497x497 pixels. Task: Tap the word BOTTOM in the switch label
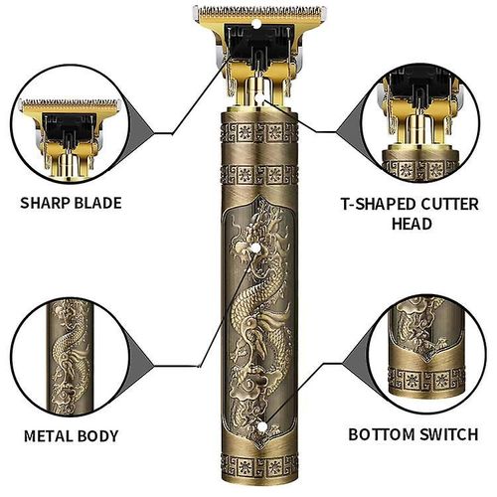click(385, 435)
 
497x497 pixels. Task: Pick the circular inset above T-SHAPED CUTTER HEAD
click(425, 118)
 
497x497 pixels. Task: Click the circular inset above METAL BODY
click(72, 350)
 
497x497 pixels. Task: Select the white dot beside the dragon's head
click(259, 241)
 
